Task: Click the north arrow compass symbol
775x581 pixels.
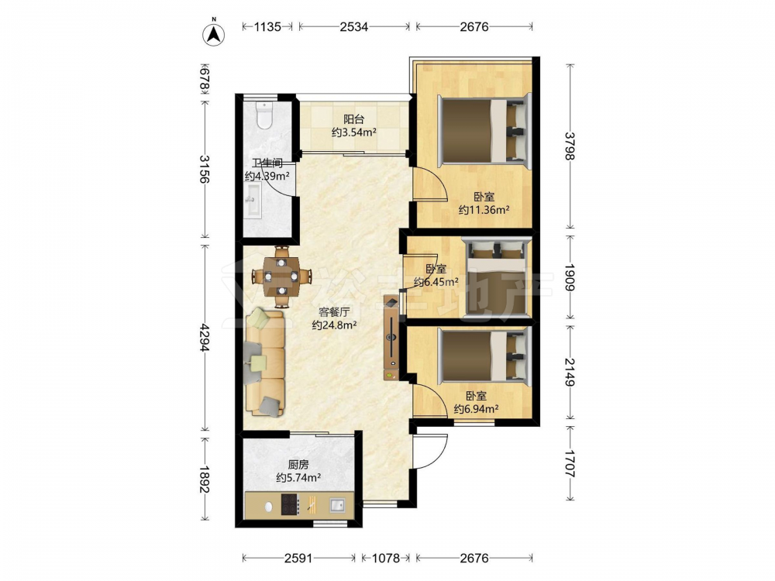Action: [x=214, y=33]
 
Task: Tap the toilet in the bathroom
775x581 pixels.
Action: [x=265, y=115]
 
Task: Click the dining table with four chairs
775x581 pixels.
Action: [x=282, y=276]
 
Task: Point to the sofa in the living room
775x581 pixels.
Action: [x=265, y=362]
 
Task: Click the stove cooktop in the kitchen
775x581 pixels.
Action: [x=291, y=505]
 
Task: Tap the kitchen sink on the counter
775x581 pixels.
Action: [x=338, y=505]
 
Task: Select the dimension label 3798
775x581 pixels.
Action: [x=570, y=146]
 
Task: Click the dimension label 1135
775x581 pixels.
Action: [x=267, y=26]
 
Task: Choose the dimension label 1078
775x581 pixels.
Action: [x=385, y=559]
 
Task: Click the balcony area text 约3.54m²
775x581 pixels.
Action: [x=354, y=132]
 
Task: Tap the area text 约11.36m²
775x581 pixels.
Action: [x=484, y=210]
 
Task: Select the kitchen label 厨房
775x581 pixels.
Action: [x=298, y=464]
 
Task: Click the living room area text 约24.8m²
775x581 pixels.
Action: [x=335, y=325]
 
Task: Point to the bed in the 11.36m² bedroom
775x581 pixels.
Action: [x=485, y=129]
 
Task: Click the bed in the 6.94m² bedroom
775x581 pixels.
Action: [x=485, y=355]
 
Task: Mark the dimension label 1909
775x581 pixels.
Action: [x=570, y=277]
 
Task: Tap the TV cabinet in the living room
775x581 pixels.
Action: [x=391, y=338]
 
